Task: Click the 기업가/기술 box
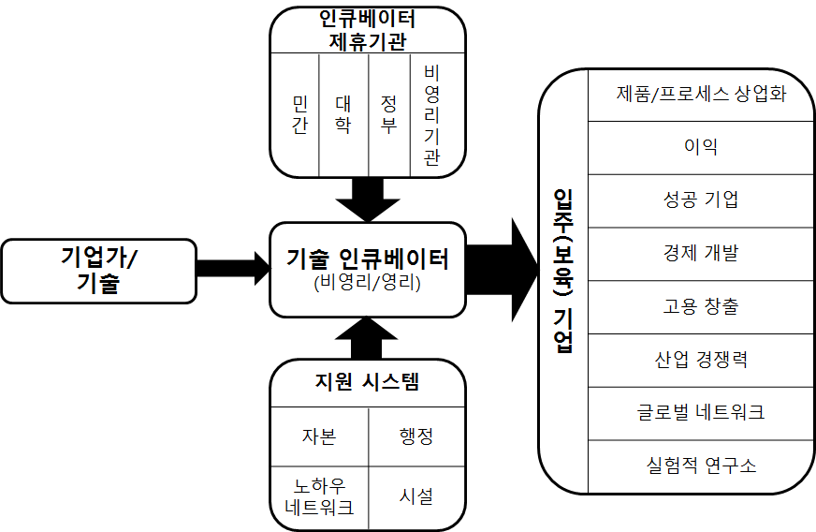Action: [x=99, y=270]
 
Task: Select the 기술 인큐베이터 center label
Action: [x=367, y=259]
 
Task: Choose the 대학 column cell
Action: [x=343, y=114]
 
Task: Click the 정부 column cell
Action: [x=388, y=114]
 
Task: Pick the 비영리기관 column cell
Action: [x=431, y=114]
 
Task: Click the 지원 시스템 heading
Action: [x=367, y=381]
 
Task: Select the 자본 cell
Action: [x=318, y=436]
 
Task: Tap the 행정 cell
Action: [x=415, y=436]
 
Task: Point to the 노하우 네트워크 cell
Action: [x=318, y=497]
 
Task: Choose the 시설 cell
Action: [x=415, y=497]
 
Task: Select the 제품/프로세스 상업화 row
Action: [x=700, y=94]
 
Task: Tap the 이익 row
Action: [x=700, y=147]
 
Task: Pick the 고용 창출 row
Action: [x=700, y=306]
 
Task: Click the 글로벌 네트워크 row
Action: [x=700, y=412]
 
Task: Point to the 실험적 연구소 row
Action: [x=700, y=465]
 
